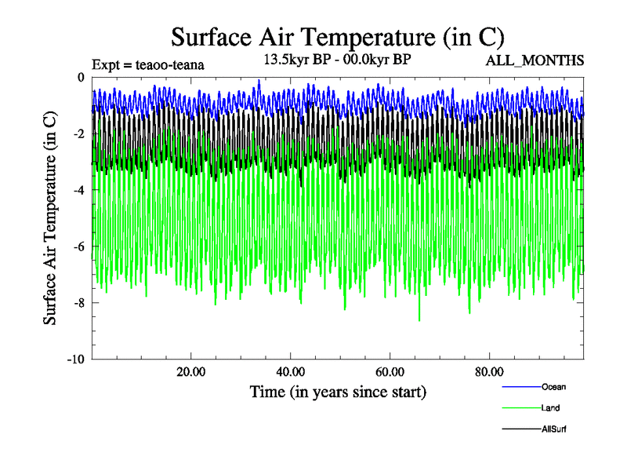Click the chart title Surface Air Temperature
[x=338, y=37]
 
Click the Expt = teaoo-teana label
[x=148, y=65]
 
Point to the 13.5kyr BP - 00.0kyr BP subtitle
[x=338, y=60]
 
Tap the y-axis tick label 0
[x=81, y=77]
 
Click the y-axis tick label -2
[x=78, y=133]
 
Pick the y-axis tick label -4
[x=78, y=190]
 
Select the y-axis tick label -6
[x=78, y=246]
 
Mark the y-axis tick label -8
[x=78, y=303]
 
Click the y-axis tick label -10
[x=76, y=360]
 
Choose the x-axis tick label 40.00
[x=291, y=372]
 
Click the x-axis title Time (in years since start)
[x=338, y=391]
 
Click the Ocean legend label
[x=553, y=387]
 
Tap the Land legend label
[x=550, y=408]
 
